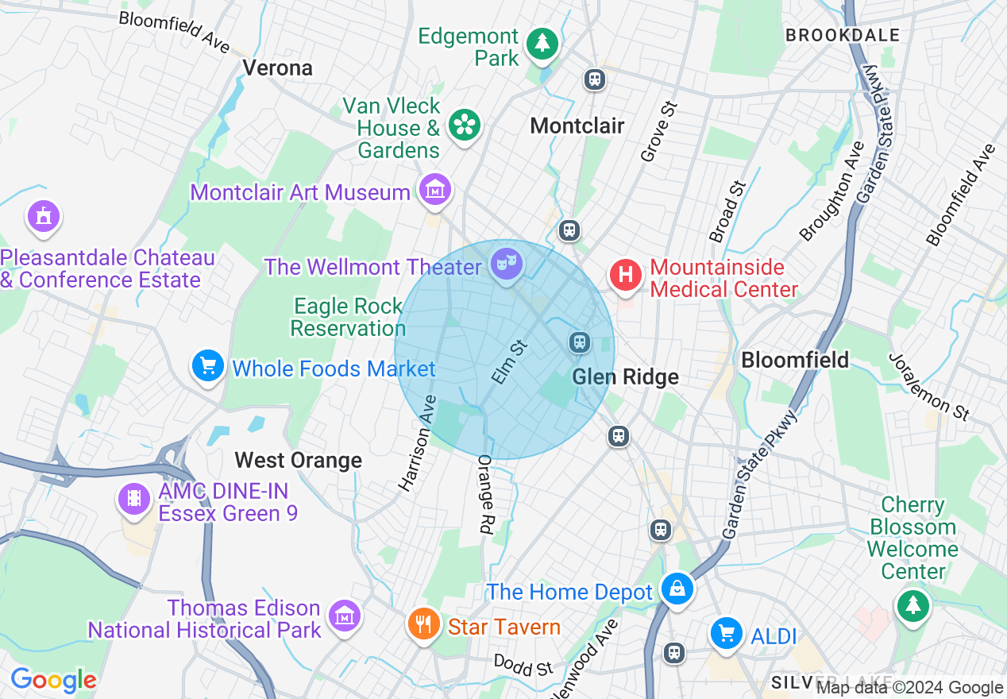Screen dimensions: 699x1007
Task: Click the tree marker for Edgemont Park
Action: (542, 42)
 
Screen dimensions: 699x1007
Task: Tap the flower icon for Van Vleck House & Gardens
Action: (465, 124)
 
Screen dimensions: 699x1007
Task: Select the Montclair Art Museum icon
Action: (435, 191)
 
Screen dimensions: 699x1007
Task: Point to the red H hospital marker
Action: (625, 276)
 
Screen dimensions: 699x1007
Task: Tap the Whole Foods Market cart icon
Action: (208, 366)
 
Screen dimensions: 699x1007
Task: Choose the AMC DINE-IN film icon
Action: (133, 499)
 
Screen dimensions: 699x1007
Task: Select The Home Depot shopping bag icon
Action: (677, 589)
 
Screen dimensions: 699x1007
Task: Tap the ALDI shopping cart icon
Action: (726, 633)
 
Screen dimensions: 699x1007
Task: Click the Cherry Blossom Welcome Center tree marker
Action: (913, 605)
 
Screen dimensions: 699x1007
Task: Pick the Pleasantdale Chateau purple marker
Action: (43, 216)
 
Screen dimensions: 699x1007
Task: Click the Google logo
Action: (53, 680)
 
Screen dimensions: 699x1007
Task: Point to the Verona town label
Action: (277, 68)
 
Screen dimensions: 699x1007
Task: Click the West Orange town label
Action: (299, 460)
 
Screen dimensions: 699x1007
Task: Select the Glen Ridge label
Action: (626, 377)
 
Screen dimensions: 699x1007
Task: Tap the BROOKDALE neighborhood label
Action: (843, 35)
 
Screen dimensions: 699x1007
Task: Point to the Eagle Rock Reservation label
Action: (349, 317)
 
